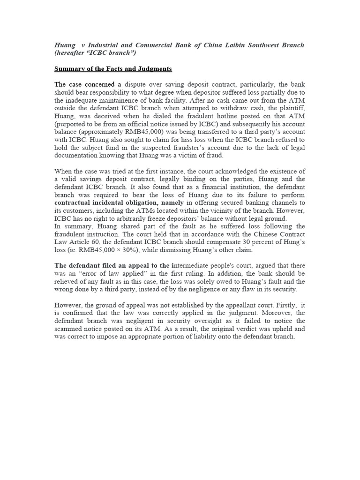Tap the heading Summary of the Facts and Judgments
(113, 69)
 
